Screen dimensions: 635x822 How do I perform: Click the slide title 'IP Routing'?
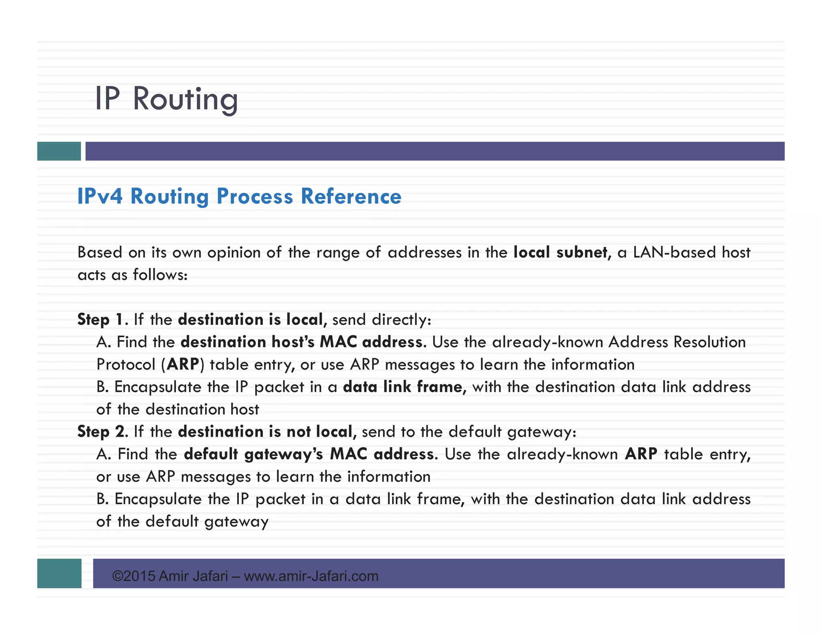(166, 99)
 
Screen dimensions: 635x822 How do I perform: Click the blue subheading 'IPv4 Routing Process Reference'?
(239, 196)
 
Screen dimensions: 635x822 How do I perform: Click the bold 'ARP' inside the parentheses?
(183, 364)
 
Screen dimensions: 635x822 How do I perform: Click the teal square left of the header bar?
(59, 151)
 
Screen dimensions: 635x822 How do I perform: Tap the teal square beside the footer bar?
(59, 573)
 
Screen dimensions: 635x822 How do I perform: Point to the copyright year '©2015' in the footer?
(134, 576)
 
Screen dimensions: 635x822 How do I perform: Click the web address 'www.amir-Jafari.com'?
(311, 576)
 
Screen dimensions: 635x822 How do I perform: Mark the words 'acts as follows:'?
(132, 275)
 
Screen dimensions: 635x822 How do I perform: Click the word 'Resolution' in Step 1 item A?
(709, 342)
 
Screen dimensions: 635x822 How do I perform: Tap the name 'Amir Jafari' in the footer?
(193, 576)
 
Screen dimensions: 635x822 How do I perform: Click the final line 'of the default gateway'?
(182, 521)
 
